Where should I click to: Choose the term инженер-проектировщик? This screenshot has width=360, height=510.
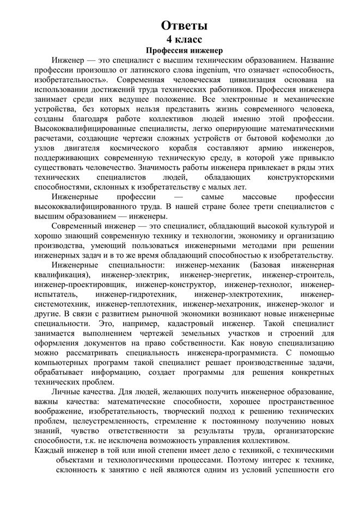[x=81, y=284]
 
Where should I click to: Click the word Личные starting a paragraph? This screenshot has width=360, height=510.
[x=66, y=392]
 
